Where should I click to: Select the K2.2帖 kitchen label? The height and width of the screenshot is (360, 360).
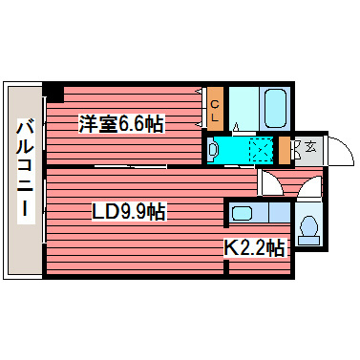tap(255, 249)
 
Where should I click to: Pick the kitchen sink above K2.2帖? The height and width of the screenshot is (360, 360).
tap(243, 214)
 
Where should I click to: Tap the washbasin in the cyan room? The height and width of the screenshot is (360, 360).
tap(214, 150)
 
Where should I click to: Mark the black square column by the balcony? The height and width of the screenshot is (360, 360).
tap(54, 93)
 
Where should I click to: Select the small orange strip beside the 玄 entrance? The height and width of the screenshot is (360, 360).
tap(284, 150)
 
